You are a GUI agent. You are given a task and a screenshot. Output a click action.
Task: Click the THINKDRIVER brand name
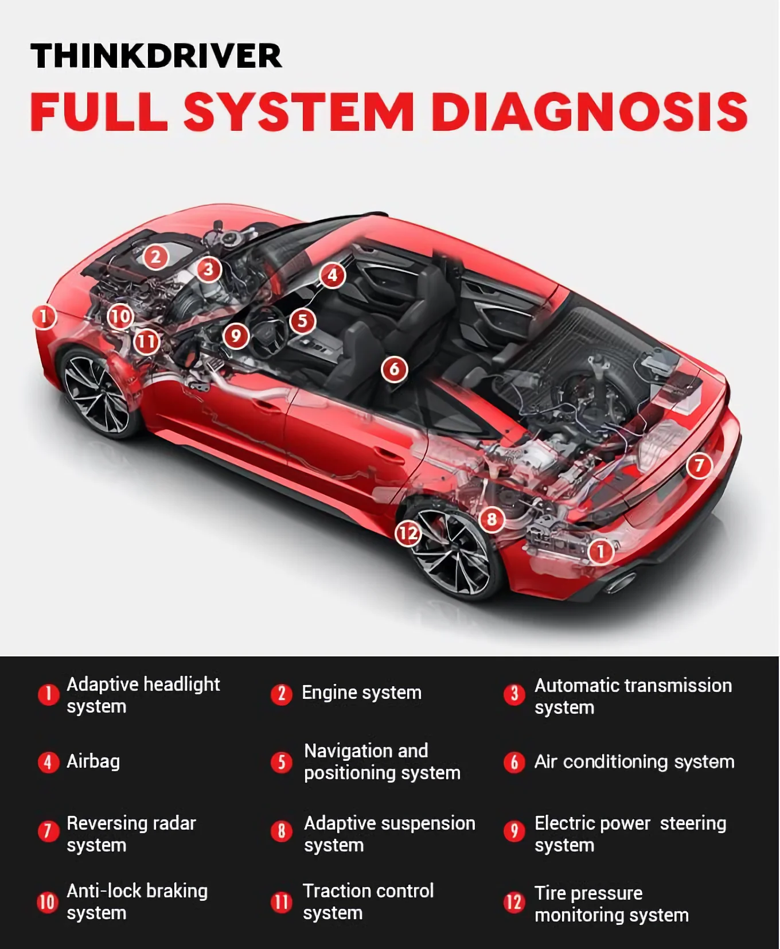point(156,56)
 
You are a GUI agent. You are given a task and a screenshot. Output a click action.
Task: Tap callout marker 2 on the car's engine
point(155,256)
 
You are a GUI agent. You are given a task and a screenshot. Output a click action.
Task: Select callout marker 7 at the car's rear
point(699,465)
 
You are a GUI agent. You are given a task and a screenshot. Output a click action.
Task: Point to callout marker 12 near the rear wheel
point(408,534)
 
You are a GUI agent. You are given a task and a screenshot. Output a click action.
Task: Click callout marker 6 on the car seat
point(395,368)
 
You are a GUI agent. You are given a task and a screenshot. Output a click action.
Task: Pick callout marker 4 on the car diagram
point(333,275)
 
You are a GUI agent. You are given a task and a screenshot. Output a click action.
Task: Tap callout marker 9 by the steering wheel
point(236,336)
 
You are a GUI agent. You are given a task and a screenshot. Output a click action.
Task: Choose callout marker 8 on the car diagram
point(492,520)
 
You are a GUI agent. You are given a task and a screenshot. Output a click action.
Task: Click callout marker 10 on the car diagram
point(120,316)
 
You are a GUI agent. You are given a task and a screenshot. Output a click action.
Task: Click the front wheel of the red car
point(97,393)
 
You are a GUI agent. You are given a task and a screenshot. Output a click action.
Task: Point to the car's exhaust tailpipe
point(620,583)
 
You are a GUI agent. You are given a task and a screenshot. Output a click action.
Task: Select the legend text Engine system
point(361,693)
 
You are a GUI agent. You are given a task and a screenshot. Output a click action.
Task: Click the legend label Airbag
point(93,761)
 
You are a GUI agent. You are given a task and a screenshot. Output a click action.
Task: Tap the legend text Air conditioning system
point(634,762)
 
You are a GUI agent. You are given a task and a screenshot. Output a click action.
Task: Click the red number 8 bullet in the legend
point(281,831)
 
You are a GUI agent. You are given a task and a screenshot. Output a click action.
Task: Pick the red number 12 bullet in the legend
point(514,902)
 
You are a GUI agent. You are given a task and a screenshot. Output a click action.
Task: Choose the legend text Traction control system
point(368,901)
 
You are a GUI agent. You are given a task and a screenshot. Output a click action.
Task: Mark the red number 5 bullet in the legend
point(281,762)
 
